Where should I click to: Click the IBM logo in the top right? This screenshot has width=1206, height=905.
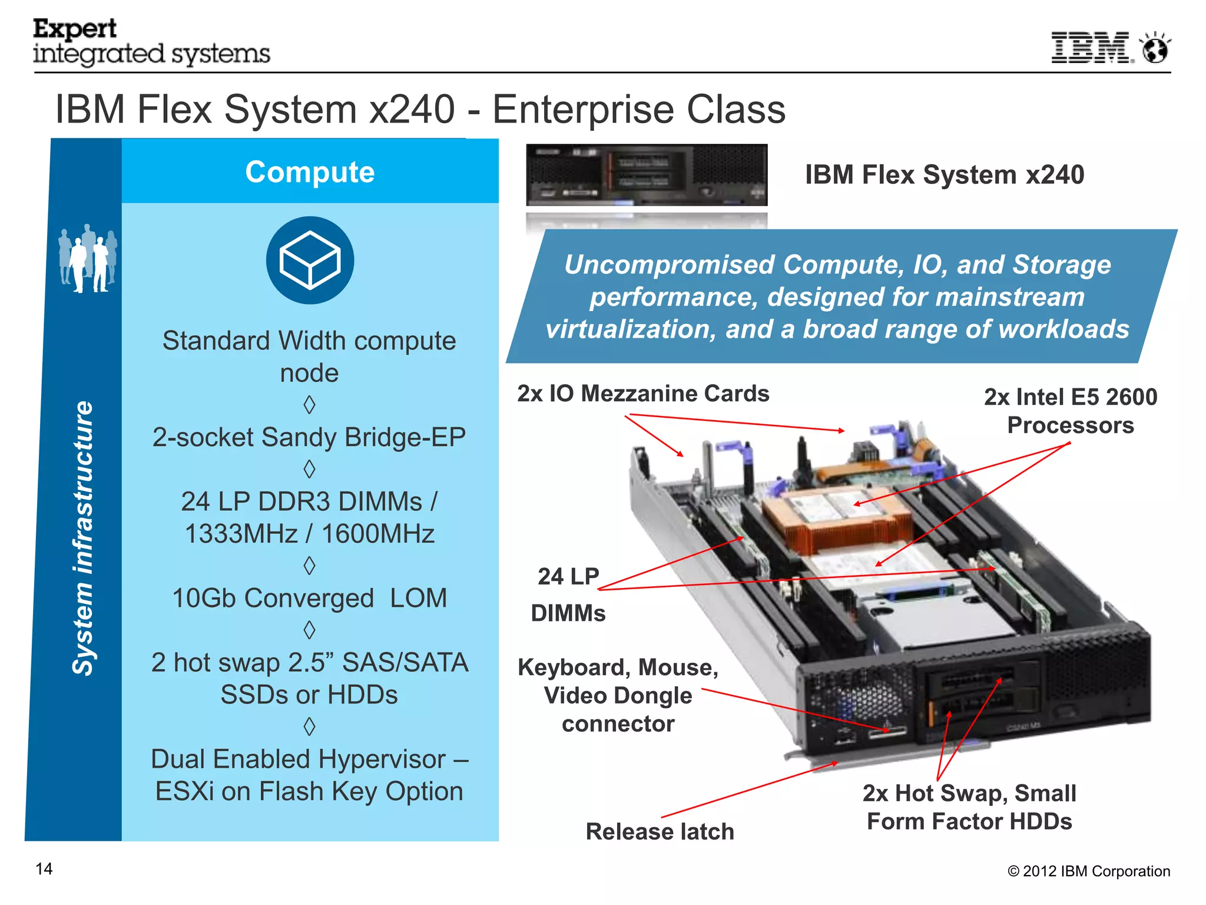[x=1091, y=48]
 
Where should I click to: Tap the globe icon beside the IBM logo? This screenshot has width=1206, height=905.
[x=1155, y=48]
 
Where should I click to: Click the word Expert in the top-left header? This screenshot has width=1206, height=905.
[x=75, y=29]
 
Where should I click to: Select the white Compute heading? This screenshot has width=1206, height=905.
[x=310, y=172]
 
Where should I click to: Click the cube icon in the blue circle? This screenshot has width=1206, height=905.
[x=310, y=260]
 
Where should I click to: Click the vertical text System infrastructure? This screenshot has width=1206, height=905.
[x=82, y=537]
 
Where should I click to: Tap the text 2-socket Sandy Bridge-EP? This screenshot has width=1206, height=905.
[x=309, y=437]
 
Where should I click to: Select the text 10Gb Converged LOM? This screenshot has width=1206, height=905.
[x=309, y=598]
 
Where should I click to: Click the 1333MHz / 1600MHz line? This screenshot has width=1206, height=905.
[x=309, y=534]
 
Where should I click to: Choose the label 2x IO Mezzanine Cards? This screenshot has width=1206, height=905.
[x=643, y=394]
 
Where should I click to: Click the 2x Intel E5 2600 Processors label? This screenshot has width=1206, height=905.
[x=1070, y=411]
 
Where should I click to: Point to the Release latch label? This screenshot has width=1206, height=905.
[x=660, y=831]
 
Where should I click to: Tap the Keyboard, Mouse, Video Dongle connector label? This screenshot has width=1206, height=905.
[x=618, y=695]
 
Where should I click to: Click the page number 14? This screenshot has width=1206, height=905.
[x=44, y=869]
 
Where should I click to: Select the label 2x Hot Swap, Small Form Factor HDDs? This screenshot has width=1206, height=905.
[x=969, y=807]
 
